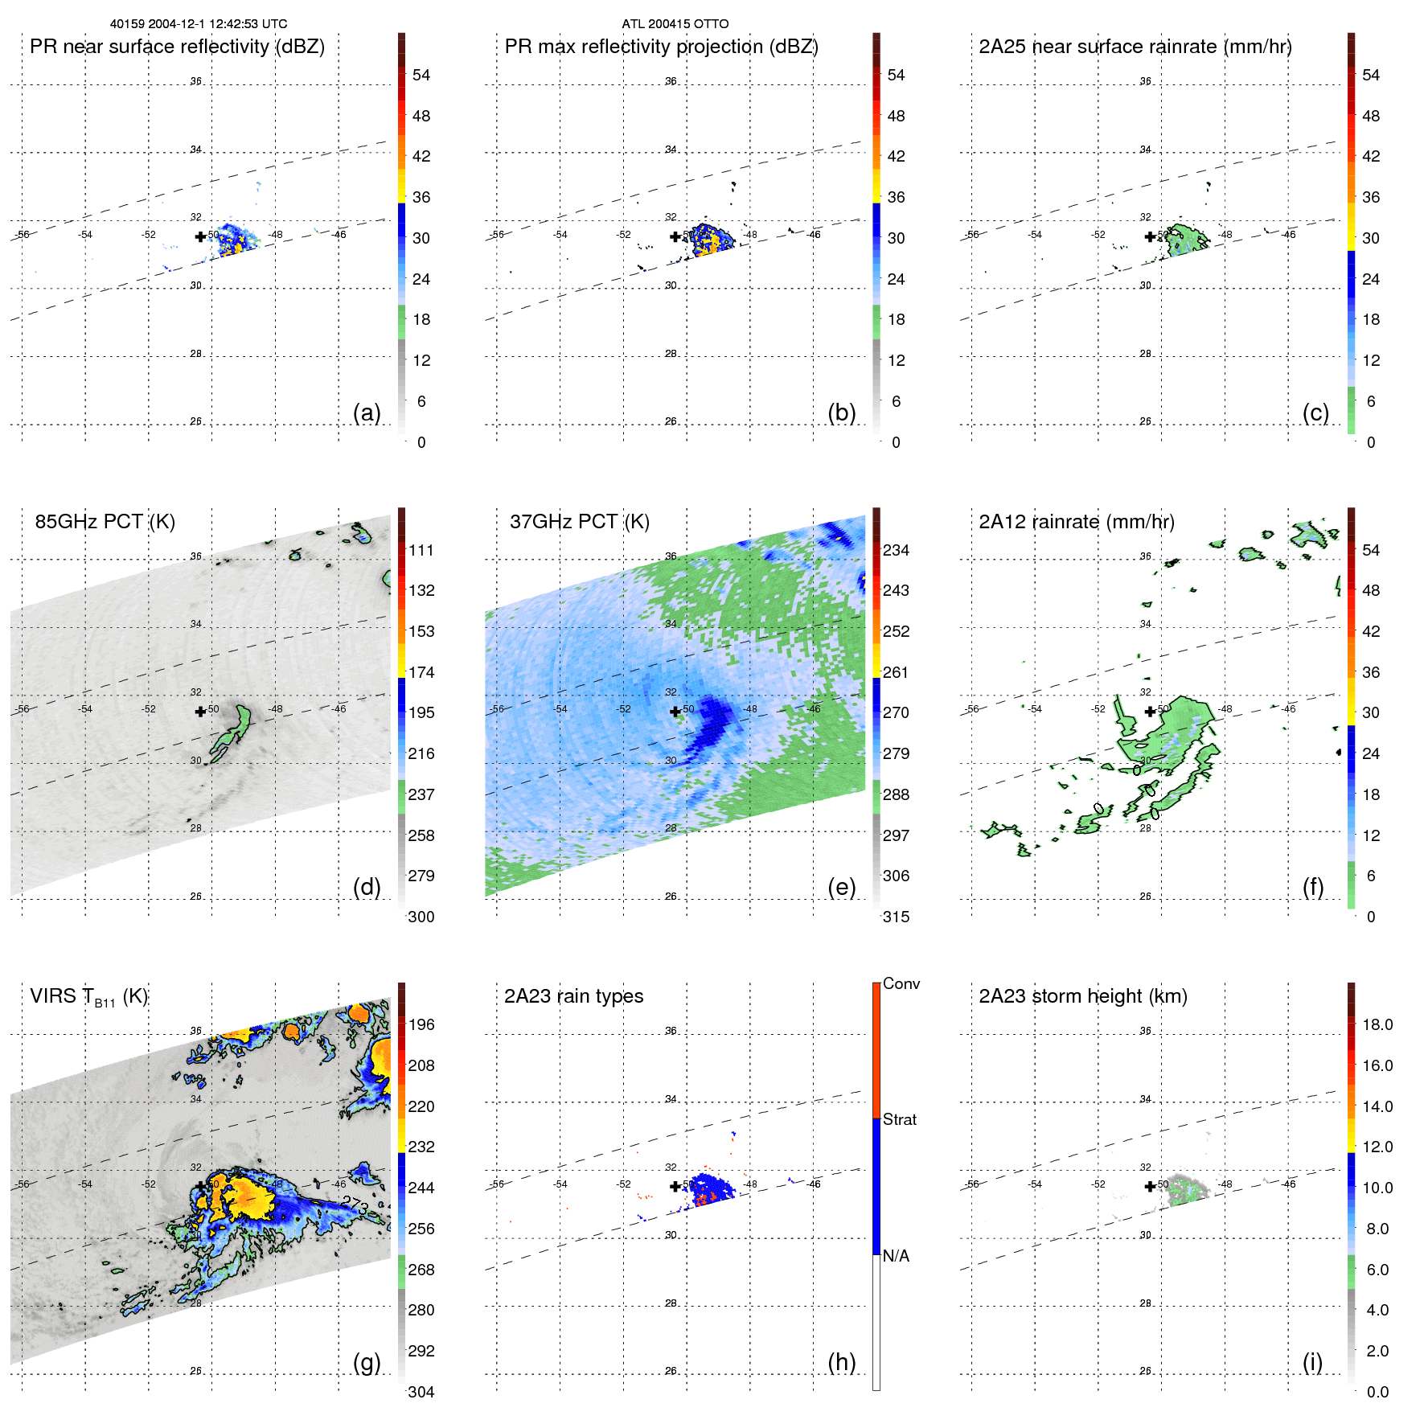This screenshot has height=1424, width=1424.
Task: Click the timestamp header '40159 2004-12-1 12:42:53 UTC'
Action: point(199,24)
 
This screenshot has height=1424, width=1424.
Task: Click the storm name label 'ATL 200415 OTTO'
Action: point(675,24)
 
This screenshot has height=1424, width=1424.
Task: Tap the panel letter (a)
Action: point(367,412)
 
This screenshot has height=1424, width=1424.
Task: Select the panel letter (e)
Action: point(841,887)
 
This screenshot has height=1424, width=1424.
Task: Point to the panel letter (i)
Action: point(1312,1362)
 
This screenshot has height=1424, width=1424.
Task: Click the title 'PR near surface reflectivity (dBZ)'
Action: point(177,47)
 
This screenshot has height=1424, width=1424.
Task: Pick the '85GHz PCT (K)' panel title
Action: point(105,522)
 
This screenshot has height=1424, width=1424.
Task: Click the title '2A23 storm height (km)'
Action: point(1082,996)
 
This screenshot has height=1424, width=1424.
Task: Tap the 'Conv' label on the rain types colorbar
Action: point(901,983)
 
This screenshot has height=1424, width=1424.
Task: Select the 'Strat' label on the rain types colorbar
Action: point(899,1119)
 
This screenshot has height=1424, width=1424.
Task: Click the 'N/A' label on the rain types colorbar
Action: point(896,1256)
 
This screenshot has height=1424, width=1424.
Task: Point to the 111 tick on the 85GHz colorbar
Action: point(421,551)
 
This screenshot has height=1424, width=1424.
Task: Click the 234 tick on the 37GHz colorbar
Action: point(896,551)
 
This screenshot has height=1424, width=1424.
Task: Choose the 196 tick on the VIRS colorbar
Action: point(421,1025)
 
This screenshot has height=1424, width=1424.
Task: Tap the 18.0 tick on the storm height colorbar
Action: point(1377,1025)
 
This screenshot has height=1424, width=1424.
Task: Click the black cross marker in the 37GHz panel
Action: point(675,712)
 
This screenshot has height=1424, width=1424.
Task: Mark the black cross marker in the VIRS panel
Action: point(200,1186)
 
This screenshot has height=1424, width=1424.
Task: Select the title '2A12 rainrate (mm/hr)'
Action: point(1076,522)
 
